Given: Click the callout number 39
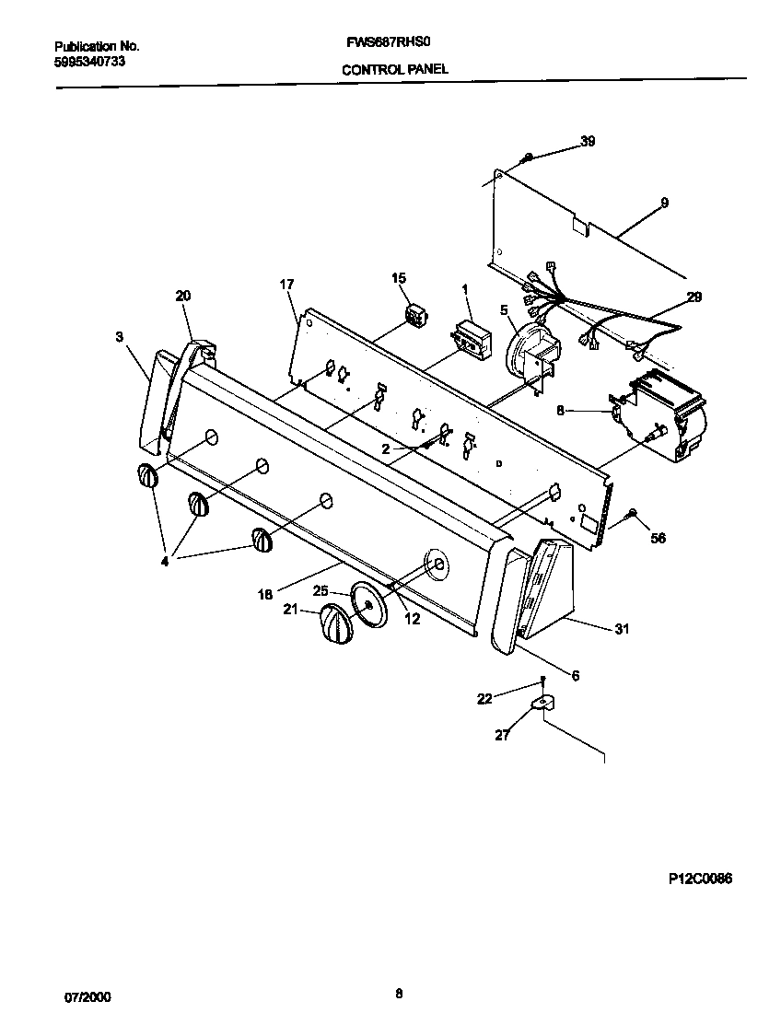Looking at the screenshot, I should (x=587, y=141).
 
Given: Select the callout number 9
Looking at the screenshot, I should (x=664, y=203).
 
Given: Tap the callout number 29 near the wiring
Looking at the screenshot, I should (x=693, y=297).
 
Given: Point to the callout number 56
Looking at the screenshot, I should (x=658, y=538).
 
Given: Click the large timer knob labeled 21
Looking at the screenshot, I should (x=336, y=627).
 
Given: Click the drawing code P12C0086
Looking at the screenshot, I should (x=700, y=879).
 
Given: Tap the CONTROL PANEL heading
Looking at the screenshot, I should (x=395, y=69).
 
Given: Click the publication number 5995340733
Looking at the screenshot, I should (x=90, y=62).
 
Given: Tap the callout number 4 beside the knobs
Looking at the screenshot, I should (x=166, y=559).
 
